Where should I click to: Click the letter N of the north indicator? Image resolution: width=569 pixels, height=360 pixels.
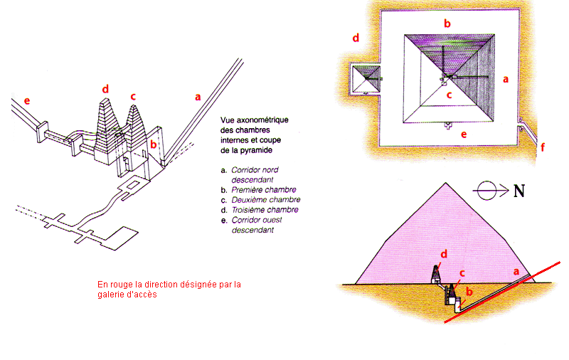coord(519,191)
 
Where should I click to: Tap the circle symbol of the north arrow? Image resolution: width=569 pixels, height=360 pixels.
coord(486,191)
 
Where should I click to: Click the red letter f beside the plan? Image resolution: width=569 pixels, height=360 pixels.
coord(543,147)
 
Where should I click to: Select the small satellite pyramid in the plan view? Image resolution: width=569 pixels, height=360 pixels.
coord(366,79)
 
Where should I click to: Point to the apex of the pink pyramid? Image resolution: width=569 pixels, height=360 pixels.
coord(446,183)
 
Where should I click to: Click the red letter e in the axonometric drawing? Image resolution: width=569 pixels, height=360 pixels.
coord(27,100)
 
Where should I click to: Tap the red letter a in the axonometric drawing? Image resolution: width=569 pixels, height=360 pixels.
coord(198,97)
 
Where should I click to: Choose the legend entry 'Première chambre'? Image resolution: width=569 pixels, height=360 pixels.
coord(264,190)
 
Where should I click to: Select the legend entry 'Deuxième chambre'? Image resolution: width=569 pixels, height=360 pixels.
coord(266,200)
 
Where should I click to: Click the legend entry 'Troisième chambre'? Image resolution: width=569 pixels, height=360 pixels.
coord(265,210)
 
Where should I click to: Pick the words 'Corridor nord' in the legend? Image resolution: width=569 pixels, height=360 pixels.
coord(255,170)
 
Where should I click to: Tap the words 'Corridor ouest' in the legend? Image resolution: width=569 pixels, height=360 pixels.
coord(257,220)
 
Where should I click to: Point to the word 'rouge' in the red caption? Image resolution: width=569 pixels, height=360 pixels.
coord(122,285)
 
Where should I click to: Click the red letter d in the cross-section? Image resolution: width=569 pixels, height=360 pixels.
coord(444,254)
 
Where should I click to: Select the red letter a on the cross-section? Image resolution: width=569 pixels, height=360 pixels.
coord(516,272)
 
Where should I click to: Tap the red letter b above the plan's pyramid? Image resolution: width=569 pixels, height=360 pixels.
coord(447,23)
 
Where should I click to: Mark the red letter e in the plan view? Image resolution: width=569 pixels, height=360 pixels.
coord(464,134)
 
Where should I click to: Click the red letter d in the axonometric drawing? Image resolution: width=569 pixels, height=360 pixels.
coord(105,89)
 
